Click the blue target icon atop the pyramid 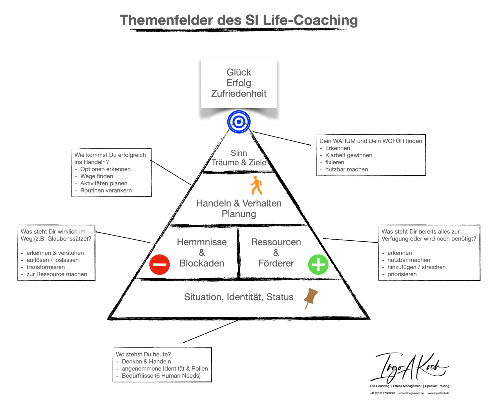click(239, 122)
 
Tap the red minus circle click(159, 264)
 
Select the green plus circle click(318, 264)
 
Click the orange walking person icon click(256, 185)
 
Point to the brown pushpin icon click(311, 298)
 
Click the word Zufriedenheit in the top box click(239, 94)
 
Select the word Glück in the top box click(239, 72)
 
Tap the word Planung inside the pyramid click(239, 214)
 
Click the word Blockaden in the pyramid click(202, 263)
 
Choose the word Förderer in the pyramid click(276, 263)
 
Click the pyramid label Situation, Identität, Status click(239, 297)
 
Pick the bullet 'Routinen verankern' click(106, 190)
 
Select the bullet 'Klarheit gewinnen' click(349, 155)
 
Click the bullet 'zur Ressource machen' click(57, 274)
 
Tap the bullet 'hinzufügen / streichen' click(417, 267)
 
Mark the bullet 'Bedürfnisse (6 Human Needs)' click(161, 376)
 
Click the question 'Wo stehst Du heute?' click(143, 354)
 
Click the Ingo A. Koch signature click(410, 367)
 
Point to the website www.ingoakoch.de click(438, 393)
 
